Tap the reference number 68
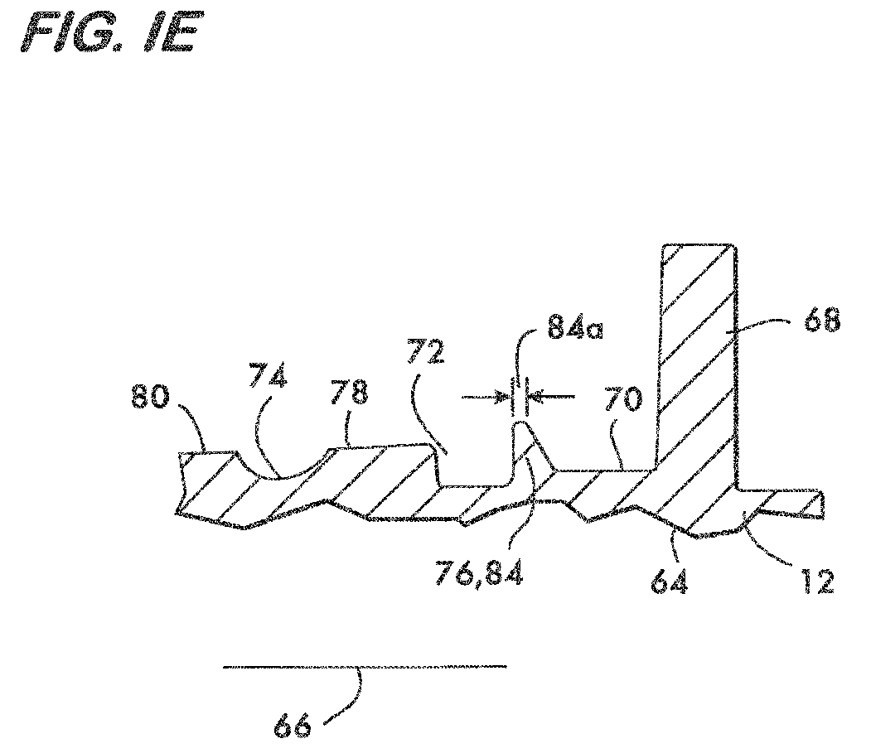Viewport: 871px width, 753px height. [822, 321]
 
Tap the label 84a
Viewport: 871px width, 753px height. [575, 327]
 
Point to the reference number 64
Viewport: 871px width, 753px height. [670, 582]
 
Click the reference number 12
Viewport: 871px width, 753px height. [818, 582]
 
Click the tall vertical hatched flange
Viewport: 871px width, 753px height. [698, 366]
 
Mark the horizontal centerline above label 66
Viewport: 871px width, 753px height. [365, 666]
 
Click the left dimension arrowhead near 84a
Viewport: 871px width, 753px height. [503, 397]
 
